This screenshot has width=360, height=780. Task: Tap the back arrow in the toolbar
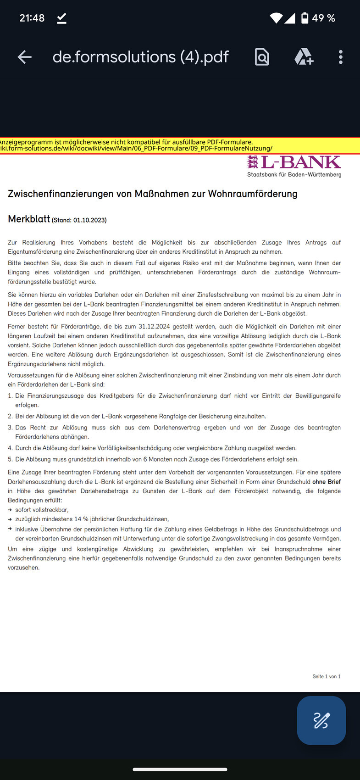(x=25, y=57)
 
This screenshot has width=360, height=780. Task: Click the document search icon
(x=262, y=57)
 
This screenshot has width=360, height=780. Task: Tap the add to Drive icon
(x=304, y=57)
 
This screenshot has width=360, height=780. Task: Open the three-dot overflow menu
(x=340, y=57)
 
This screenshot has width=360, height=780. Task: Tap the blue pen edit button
(x=321, y=720)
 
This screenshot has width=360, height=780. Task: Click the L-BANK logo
(x=294, y=162)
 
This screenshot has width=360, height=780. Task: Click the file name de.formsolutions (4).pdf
(x=140, y=57)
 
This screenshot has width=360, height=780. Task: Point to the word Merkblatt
(x=29, y=219)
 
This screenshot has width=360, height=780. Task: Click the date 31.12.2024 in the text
(x=155, y=327)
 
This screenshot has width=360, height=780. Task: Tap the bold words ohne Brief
(x=327, y=482)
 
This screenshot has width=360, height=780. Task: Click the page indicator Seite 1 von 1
(x=327, y=676)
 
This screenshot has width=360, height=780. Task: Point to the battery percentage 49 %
(x=324, y=18)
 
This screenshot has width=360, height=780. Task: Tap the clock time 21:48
(x=32, y=18)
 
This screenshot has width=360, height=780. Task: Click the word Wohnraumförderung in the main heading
(x=253, y=194)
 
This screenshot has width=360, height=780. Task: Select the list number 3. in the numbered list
(x=10, y=428)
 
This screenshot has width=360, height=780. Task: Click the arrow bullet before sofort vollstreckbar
(x=10, y=510)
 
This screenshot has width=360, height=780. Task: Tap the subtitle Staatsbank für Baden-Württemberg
(x=294, y=174)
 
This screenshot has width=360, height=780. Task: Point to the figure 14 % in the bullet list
(x=81, y=519)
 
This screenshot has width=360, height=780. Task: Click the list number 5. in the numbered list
(x=10, y=459)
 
